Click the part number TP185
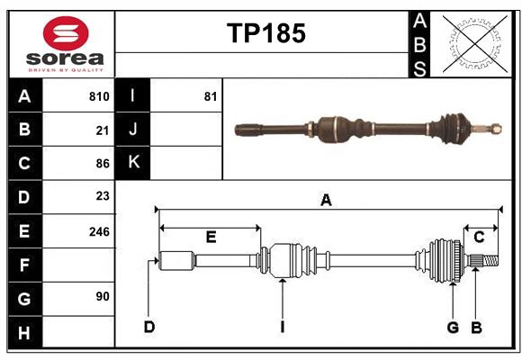(x=265, y=33)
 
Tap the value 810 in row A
(x=99, y=96)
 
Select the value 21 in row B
(x=102, y=130)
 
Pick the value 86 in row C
(x=102, y=164)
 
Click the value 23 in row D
(x=102, y=196)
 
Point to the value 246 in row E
(x=99, y=231)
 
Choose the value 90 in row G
(x=102, y=296)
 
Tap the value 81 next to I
(x=211, y=96)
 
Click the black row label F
(x=24, y=265)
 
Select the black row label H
(x=24, y=333)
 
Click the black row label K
(x=133, y=163)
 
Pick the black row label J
(x=133, y=130)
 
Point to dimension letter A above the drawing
(x=326, y=201)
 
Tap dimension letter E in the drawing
(x=211, y=237)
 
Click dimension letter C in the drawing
(x=479, y=237)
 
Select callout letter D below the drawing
(x=149, y=327)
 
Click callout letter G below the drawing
(x=454, y=327)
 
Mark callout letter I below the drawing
(x=282, y=327)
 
